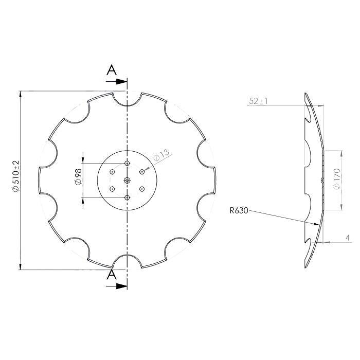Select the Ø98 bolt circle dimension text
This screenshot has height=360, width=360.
78,176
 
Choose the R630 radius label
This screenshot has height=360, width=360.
239,210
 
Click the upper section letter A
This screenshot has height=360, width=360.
111,71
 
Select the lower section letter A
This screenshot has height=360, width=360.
111,276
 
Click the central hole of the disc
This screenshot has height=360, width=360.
127,180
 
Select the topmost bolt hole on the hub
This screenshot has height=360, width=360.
127,164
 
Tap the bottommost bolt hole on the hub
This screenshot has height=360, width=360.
127,197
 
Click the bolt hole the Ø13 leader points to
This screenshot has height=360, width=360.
141,172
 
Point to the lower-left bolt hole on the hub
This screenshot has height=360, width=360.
112,189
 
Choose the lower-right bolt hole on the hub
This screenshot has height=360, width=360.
141,189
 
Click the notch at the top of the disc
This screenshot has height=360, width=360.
127,100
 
